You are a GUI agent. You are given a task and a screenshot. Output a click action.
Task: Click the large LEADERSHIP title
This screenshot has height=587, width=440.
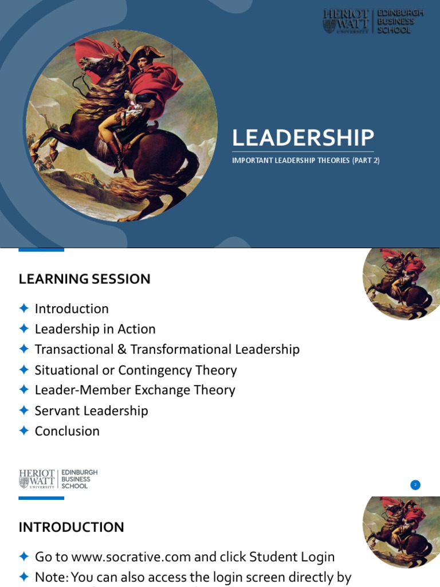click(x=303, y=138)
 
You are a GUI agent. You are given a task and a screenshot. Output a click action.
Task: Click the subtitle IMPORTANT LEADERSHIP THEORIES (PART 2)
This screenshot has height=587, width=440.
click(x=305, y=161)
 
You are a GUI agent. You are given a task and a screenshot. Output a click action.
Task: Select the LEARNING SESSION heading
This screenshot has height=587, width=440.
click(x=85, y=279)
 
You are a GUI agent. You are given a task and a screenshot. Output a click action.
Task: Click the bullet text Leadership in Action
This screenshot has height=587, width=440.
click(x=95, y=329)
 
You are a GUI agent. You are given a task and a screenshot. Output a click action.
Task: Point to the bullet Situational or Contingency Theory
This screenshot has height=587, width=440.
click(x=136, y=370)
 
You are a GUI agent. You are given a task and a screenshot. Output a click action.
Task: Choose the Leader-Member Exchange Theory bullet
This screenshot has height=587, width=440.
click(x=135, y=390)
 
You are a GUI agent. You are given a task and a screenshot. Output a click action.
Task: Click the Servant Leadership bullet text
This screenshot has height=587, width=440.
click(x=91, y=410)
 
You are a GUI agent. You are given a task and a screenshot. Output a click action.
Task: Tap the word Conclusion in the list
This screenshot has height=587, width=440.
click(x=67, y=431)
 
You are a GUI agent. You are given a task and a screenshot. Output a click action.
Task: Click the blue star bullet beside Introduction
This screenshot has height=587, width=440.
click(x=23, y=308)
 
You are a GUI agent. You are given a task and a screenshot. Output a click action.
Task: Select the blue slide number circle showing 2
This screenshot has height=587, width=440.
click(x=415, y=485)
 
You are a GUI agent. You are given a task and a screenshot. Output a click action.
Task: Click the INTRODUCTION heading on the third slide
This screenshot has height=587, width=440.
click(x=71, y=527)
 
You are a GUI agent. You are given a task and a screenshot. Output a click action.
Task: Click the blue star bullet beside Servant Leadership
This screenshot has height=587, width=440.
click(x=23, y=410)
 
